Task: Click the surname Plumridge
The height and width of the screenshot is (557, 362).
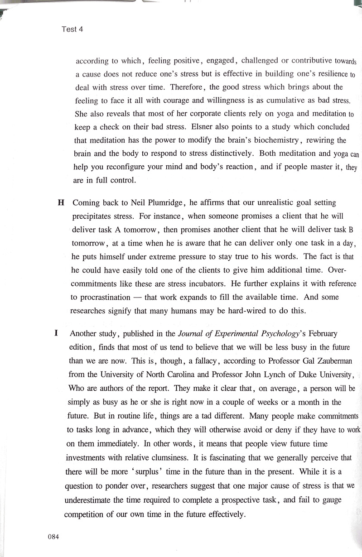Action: pyautogui.click(x=164, y=203)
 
